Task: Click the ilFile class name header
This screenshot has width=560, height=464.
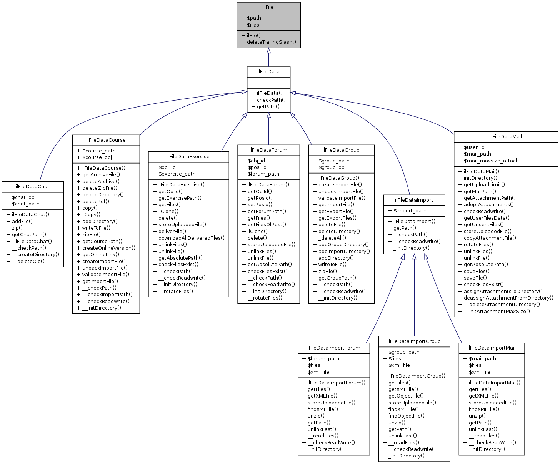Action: tap(268, 7)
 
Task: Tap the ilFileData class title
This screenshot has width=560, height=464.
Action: tap(268, 72)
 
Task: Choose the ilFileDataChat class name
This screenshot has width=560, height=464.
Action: tap(32, 187)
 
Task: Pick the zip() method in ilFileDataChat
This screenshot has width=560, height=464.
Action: tap(17, 228)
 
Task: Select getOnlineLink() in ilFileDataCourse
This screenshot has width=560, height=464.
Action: tap(101, 254)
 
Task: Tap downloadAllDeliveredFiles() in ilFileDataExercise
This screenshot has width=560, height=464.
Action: tap(192, 238)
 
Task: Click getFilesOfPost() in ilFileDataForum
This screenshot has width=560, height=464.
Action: tap(267, 224)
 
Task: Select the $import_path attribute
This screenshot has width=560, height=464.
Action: tap(410, 210)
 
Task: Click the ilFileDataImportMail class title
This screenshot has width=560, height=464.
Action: tap(492, 348)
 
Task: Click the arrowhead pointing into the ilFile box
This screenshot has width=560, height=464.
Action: tap(268, 51)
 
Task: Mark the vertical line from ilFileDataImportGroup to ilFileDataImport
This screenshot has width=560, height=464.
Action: tap(414, 300)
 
